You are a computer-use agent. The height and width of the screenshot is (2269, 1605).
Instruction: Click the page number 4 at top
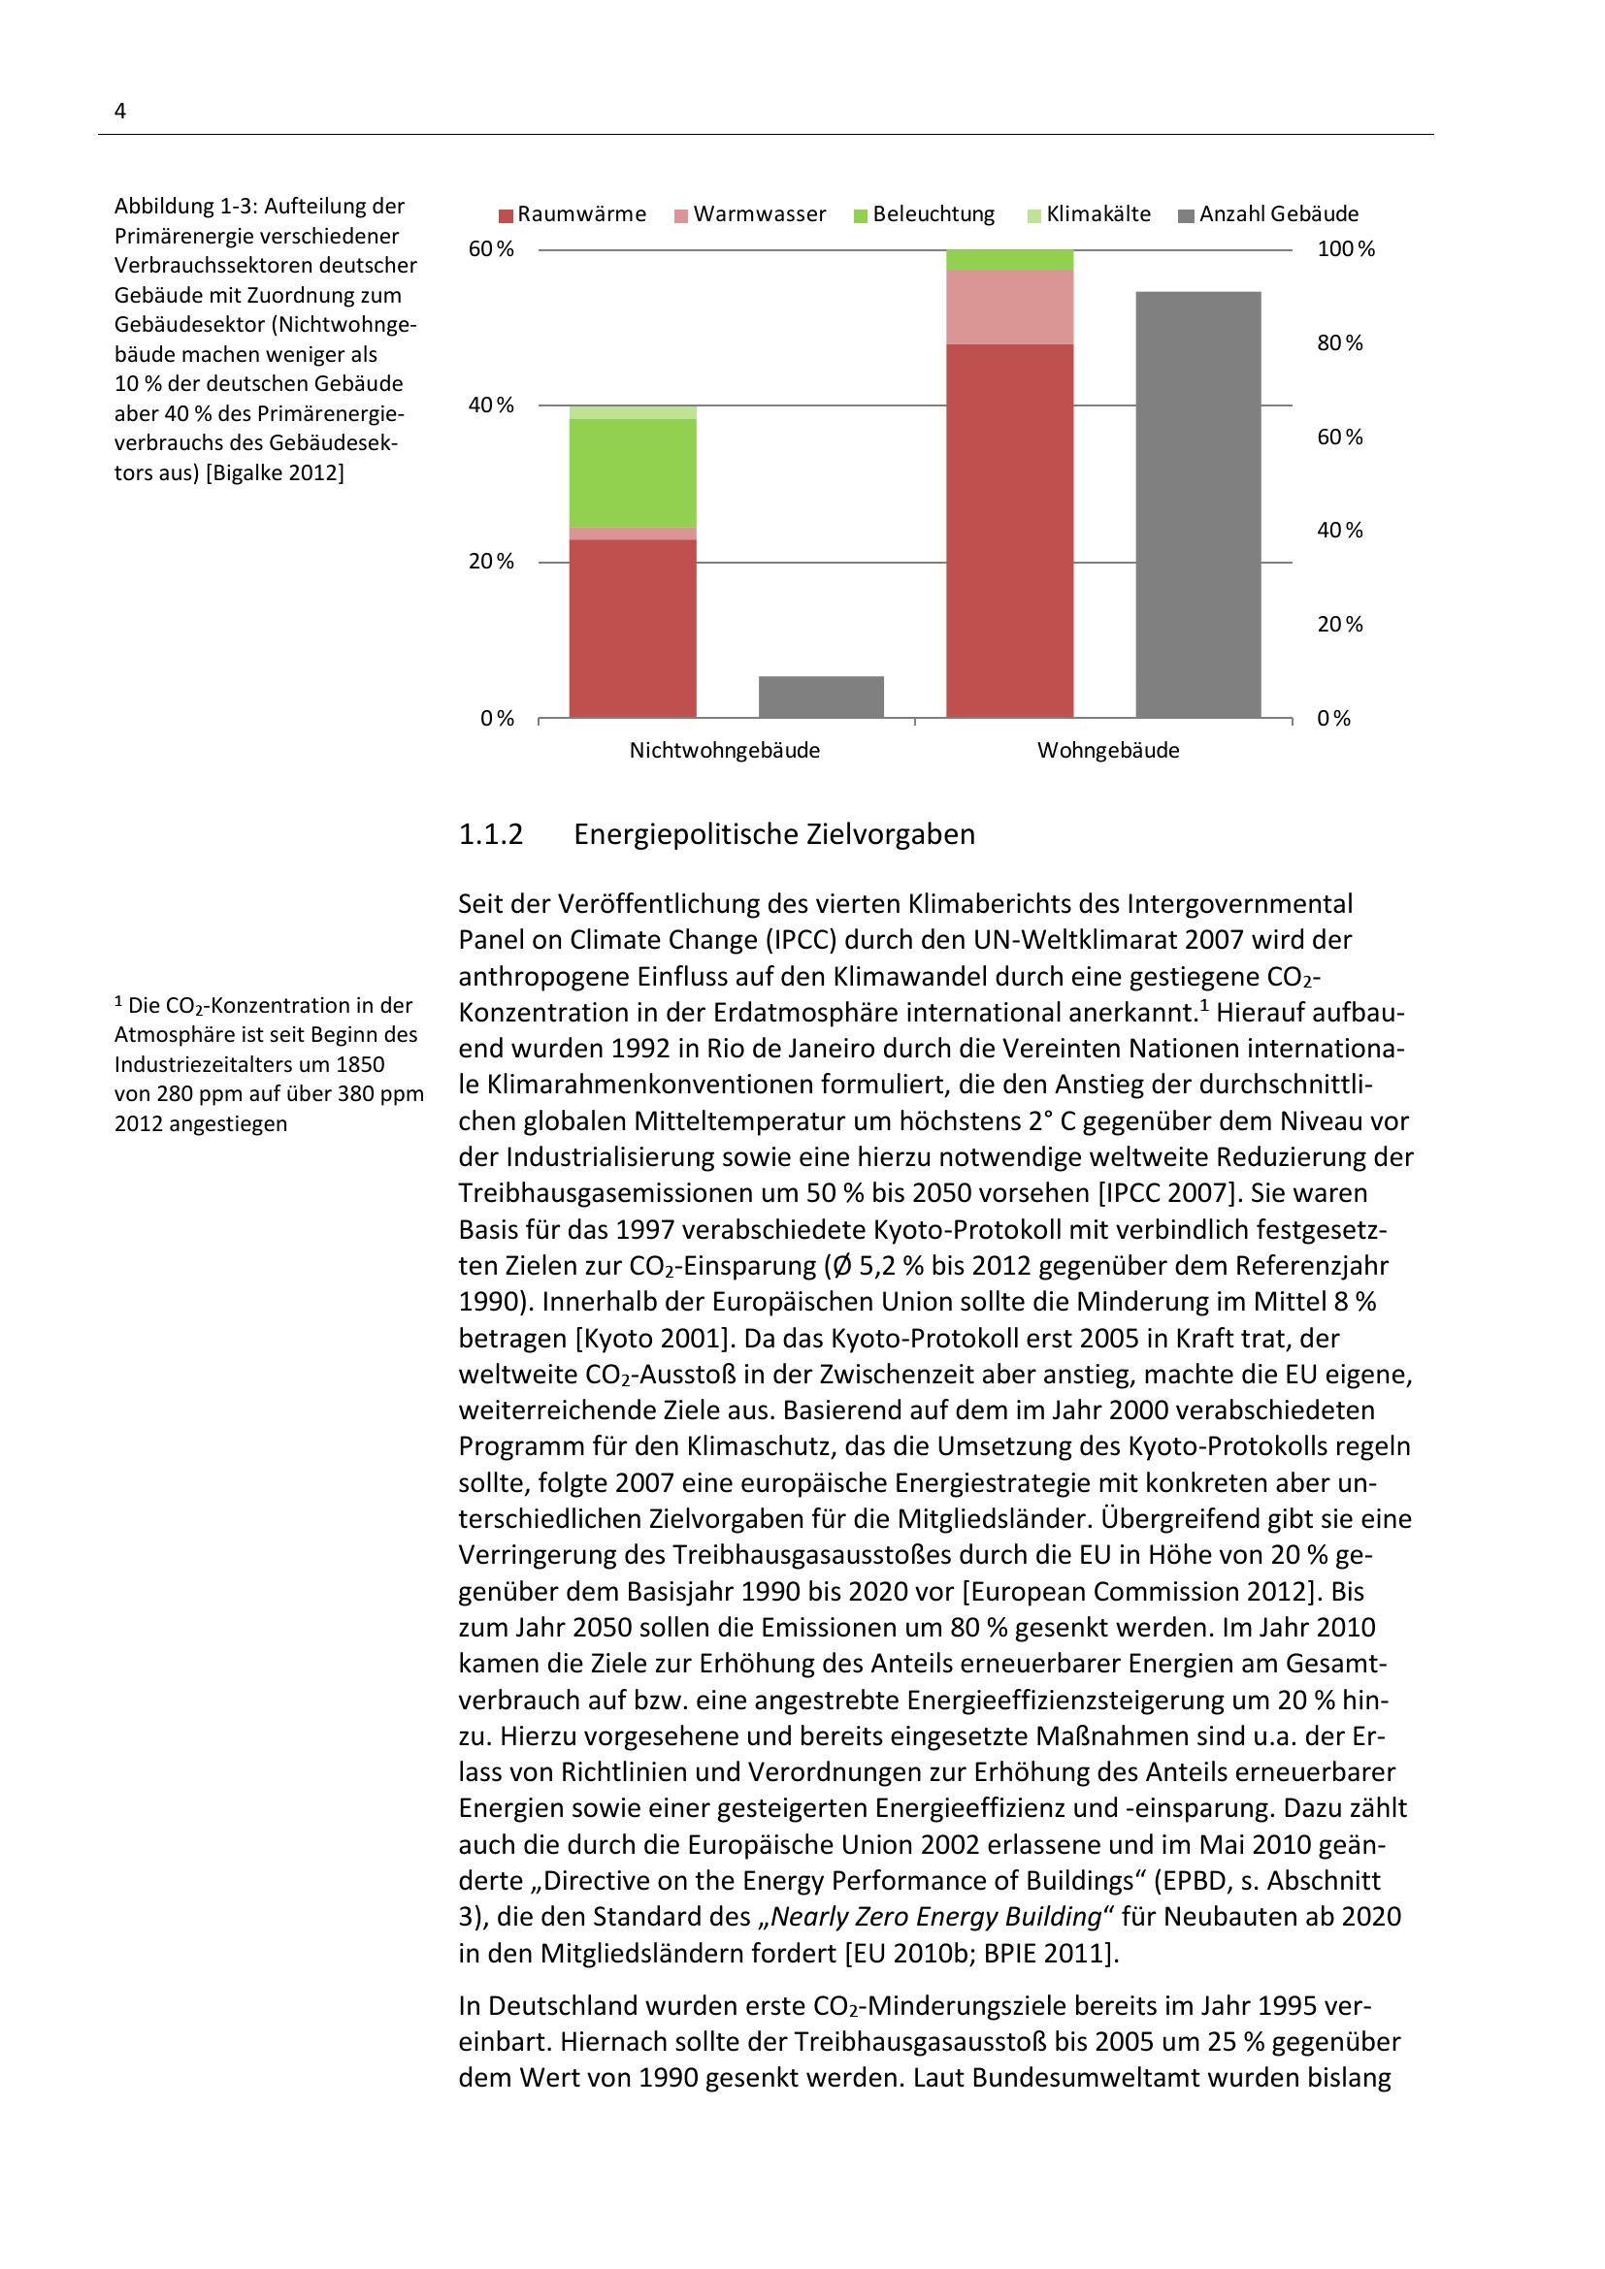[x=119, y=111]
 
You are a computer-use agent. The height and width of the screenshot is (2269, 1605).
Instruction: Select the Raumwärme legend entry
[x=573, y=214]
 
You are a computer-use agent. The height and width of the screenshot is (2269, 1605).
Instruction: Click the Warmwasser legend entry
[x=750, y=214]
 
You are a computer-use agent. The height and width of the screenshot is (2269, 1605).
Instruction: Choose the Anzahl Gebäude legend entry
[x=1269, y=214]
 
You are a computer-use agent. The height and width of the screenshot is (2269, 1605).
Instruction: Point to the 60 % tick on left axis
[x=491, y=249]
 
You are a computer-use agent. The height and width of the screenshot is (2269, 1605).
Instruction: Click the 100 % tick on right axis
[x=1345, y=249]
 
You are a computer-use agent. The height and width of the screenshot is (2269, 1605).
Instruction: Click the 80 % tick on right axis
[x=1339, y=342]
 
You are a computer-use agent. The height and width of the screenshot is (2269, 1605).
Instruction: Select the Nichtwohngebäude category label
[x=725, y=750]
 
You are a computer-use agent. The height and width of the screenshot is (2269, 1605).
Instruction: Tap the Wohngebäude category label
[x=1108, y=750]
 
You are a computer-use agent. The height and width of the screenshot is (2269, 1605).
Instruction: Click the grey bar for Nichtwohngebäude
[x=821, y=697]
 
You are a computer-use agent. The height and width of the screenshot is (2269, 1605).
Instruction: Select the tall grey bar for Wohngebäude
[x=1197, y=504]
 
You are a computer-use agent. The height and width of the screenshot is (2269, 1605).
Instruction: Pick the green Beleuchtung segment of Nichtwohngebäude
[x=633, y=472]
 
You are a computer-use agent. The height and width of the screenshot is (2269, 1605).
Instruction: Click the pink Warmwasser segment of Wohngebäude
[x=1009, y=307]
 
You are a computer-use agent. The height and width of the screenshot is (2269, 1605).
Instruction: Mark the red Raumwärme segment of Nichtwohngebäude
[x=633, y=628]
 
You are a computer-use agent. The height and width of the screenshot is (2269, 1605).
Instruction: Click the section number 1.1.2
[x=490, y=834]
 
